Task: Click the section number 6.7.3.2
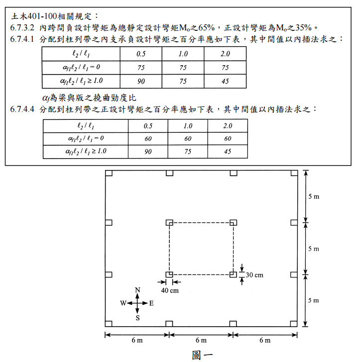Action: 22,28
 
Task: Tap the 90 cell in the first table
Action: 142,81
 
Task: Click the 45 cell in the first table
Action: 226,81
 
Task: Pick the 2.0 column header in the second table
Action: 228,125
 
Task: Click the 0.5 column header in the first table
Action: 142,54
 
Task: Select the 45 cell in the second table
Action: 228,151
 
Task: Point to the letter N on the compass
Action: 138,290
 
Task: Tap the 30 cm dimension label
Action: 254,274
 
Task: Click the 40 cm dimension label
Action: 170,290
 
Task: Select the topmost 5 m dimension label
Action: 314,197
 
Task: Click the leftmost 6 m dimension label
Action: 137,341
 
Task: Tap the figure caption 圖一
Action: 202,355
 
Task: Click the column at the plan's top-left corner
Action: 109,173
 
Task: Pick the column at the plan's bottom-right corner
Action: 294,323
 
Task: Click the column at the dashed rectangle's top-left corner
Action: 169,223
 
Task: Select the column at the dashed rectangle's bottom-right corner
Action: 233,274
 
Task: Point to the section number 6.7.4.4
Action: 22,109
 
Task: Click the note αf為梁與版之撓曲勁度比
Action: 89,97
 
